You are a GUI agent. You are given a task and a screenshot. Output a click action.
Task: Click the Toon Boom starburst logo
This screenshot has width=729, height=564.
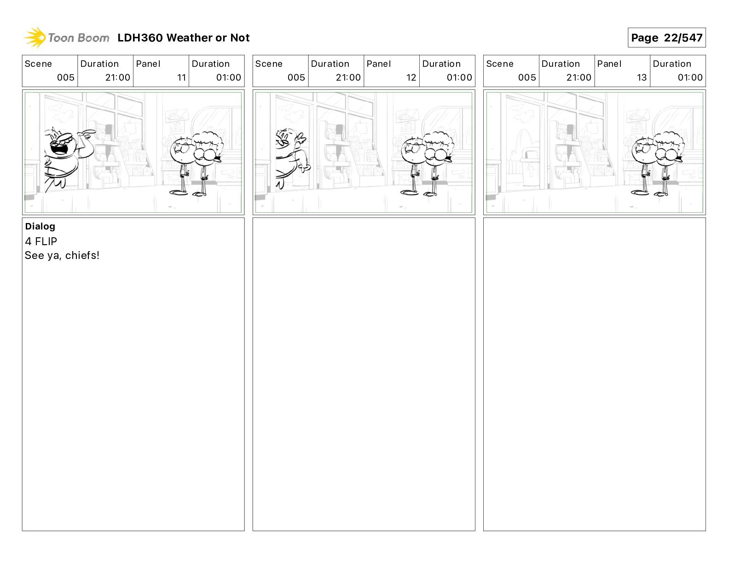click(35, 37)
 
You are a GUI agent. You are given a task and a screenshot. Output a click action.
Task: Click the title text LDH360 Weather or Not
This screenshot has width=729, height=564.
click(184, 38)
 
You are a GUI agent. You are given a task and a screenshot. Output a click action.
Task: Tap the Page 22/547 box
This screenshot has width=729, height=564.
click(666, 38)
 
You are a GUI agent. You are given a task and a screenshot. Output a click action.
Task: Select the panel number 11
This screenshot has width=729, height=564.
click(181, 77)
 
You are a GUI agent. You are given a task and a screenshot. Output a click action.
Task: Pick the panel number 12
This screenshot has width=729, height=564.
click(411, 77)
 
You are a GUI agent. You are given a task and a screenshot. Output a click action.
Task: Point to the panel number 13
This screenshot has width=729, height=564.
click(642, 77)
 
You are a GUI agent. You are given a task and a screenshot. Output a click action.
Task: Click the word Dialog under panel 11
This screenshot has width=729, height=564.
click(40, 226)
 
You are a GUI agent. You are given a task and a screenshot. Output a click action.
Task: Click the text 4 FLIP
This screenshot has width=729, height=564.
click(41, 241)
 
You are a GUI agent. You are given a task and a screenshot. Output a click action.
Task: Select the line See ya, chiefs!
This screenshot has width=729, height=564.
click(62, 255)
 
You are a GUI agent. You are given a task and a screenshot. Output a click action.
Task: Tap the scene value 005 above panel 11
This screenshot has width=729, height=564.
click(66, 77)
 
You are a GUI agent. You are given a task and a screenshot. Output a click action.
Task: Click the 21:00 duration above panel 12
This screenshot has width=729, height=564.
click(348, 77)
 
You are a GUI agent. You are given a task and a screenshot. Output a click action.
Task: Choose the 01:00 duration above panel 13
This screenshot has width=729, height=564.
click(690, 77)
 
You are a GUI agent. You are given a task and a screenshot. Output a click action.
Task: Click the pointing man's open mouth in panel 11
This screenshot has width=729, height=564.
click(60, 148)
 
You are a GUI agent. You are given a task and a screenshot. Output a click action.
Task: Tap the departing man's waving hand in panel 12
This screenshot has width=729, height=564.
click(301, 138)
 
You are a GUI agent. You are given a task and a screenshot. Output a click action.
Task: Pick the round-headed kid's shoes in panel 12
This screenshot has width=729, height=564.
click(409, 193)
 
